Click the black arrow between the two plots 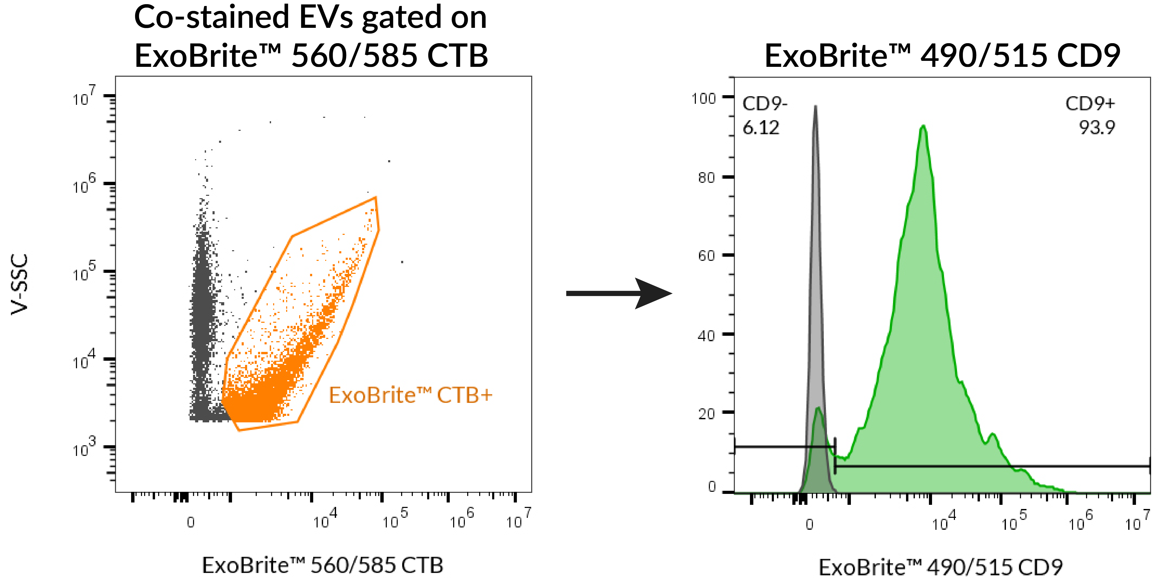619,293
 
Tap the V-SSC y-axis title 20,284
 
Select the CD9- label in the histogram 765,104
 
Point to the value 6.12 761,128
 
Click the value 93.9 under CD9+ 1097,128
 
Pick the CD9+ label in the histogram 1090,104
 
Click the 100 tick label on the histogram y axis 704,98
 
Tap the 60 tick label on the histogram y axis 707,256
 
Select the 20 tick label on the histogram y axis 707,414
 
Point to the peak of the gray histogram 815,107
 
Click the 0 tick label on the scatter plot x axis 191,522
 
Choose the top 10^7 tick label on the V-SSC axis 84,96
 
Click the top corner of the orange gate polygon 375,197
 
